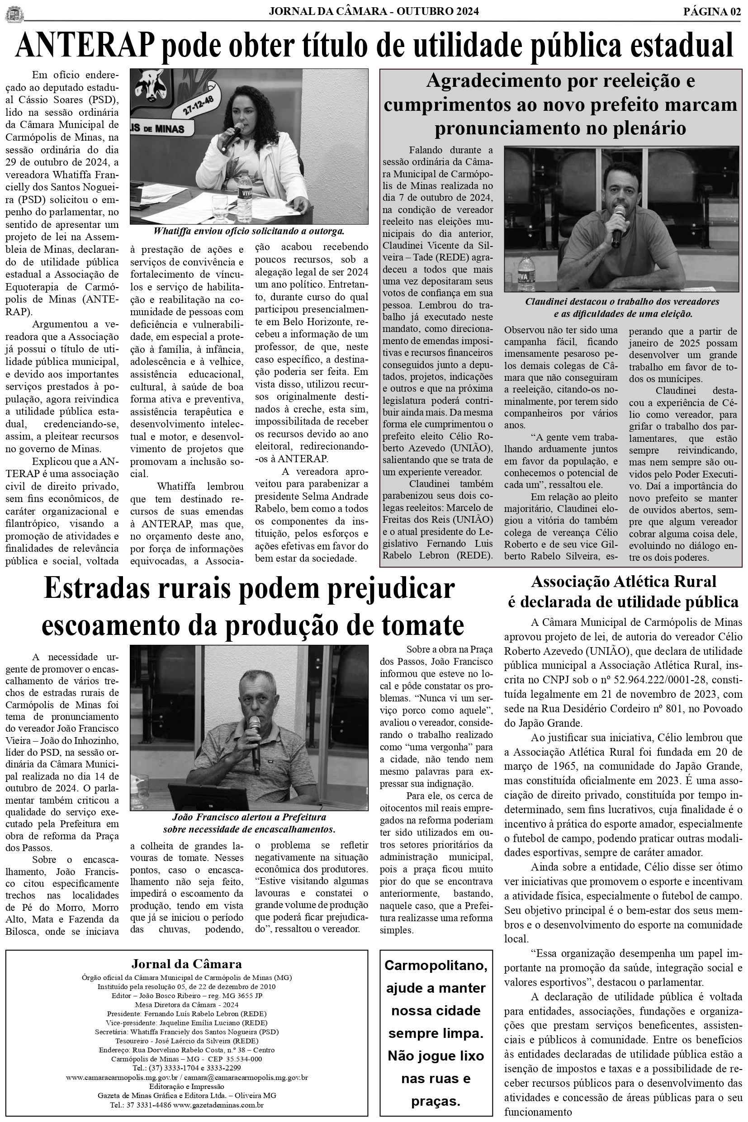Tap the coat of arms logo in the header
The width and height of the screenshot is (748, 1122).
click(14, 14)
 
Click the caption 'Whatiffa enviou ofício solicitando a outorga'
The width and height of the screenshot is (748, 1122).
click(249, 232)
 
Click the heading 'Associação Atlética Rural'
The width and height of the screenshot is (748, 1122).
click(624, 582)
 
